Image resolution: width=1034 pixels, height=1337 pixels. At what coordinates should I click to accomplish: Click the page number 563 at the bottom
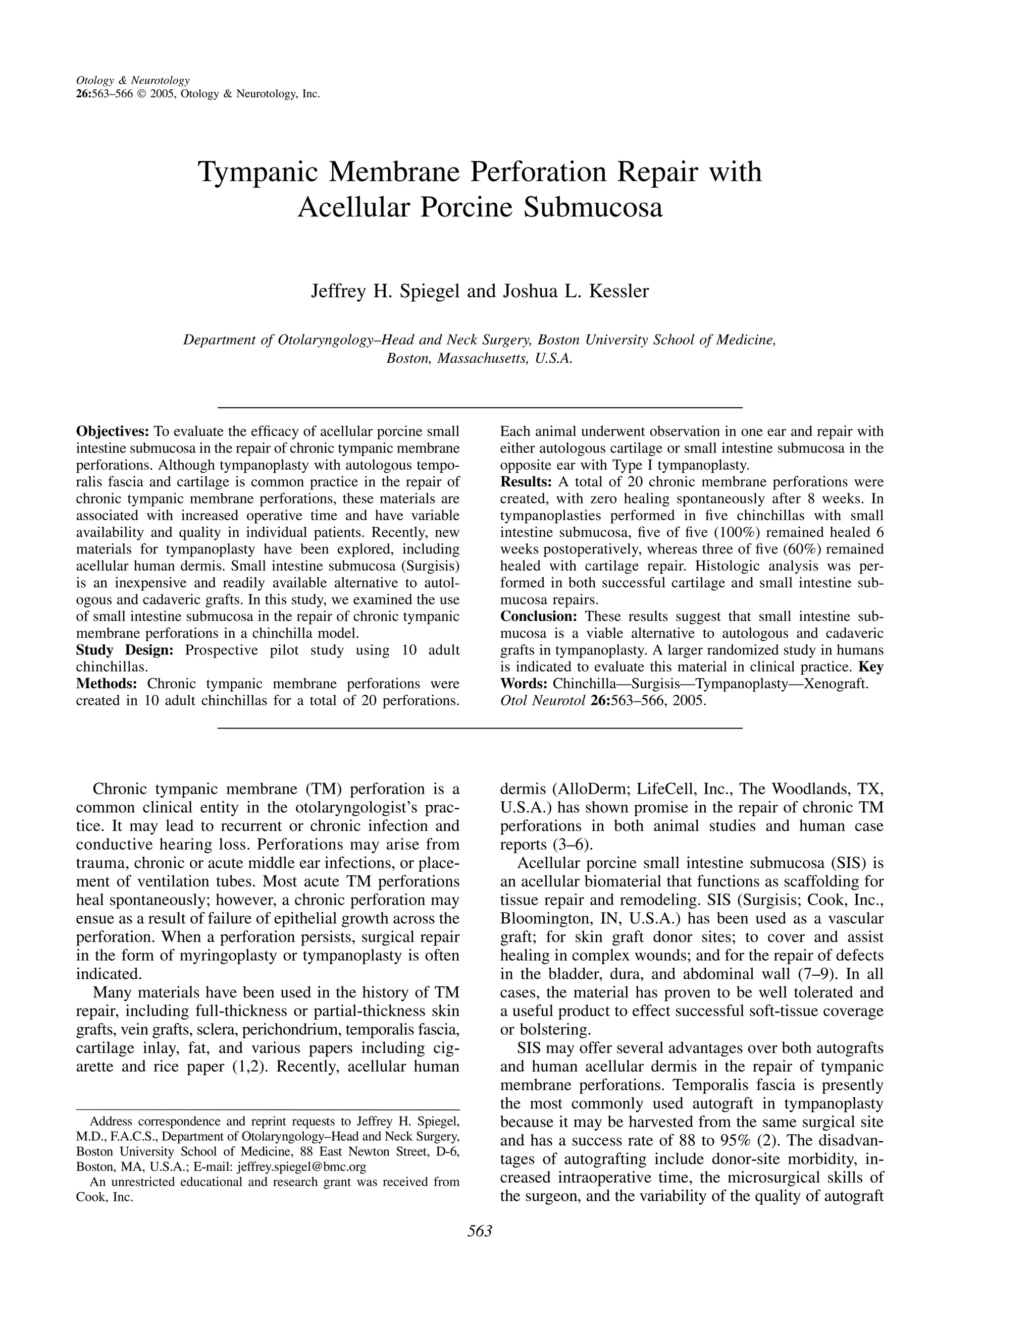480,1231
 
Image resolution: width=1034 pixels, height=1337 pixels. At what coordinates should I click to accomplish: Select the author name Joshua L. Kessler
575,291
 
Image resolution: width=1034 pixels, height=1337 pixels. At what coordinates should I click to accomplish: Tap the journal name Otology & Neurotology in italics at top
132,80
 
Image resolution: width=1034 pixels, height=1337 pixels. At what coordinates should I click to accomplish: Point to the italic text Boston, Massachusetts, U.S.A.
479,359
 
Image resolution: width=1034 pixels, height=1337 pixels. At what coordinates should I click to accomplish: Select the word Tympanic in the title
258,172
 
